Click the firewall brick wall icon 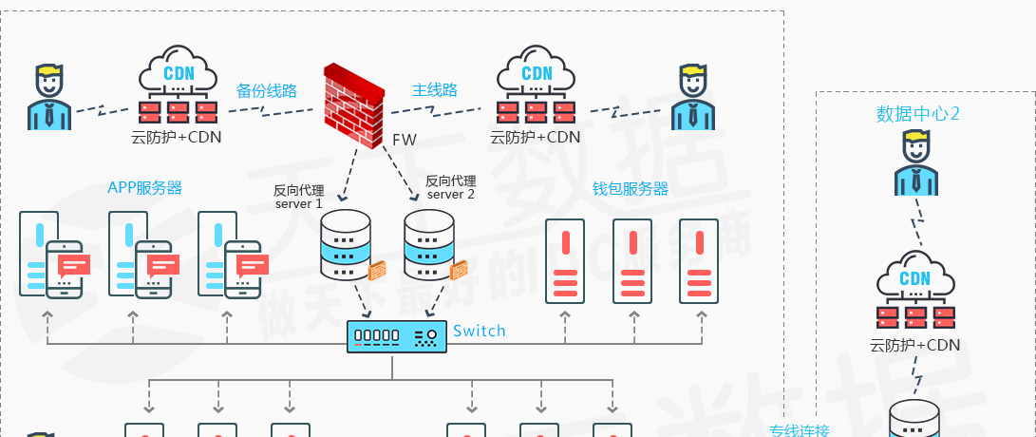click(x=352, y=102)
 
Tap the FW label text click(x=405, y=140)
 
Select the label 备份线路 click(x=267, y=91)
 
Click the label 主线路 click(x=435, y=90)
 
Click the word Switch click(x=480, y=331)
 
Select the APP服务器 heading click(x=144, y=187)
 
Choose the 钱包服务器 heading click(x=631, y=189)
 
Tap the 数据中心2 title click(x=918, y=115)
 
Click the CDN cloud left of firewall click(x=178, y=85)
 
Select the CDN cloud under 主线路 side click(x=537, y=85)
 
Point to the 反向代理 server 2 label click(x=451, y=187)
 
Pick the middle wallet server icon click(x=632, y=260)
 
